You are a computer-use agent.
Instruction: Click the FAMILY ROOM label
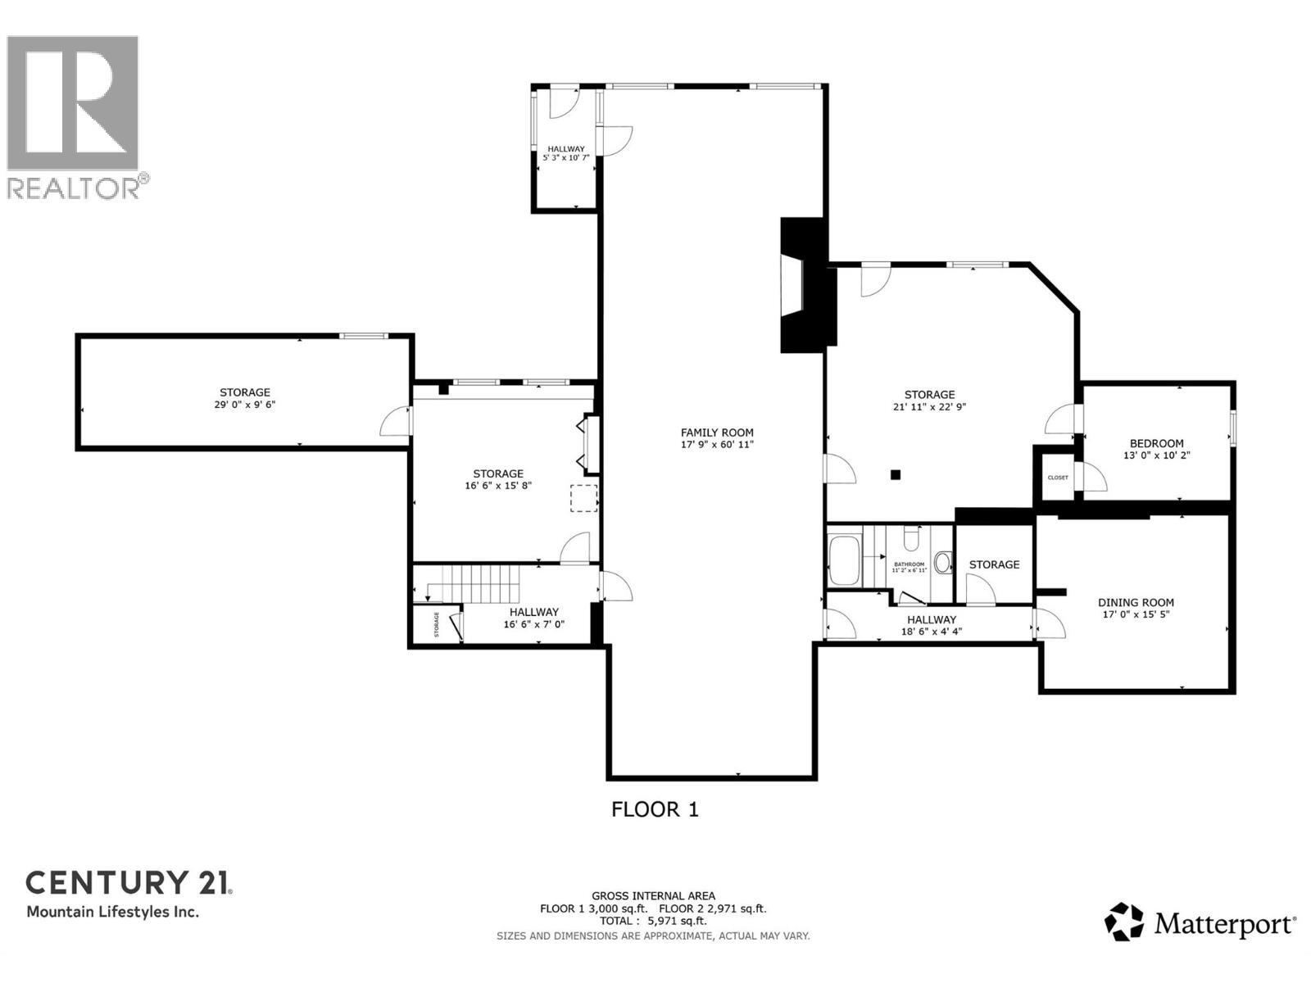[717, 433]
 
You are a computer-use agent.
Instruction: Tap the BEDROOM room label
[1156, 443]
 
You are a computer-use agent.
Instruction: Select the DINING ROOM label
[1136, 602]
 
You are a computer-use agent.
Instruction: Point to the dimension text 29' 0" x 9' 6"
[244, 405]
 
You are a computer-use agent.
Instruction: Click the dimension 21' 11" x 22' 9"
[929, 406]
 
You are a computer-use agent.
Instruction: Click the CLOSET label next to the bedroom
[1057, 478]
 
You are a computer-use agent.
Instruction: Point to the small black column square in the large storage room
[896, 474]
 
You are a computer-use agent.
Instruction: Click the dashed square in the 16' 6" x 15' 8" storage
[583, 498]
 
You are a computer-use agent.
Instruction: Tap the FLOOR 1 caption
[655, 809]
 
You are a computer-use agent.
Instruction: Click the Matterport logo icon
[1124, 922]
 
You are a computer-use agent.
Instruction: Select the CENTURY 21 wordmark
[129, 883]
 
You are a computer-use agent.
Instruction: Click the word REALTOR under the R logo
[74, 188]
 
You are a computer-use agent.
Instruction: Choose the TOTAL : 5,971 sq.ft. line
[652, 921]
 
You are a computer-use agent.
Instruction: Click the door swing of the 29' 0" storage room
[395, 421]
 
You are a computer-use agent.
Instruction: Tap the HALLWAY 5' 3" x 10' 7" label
[566, 153]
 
